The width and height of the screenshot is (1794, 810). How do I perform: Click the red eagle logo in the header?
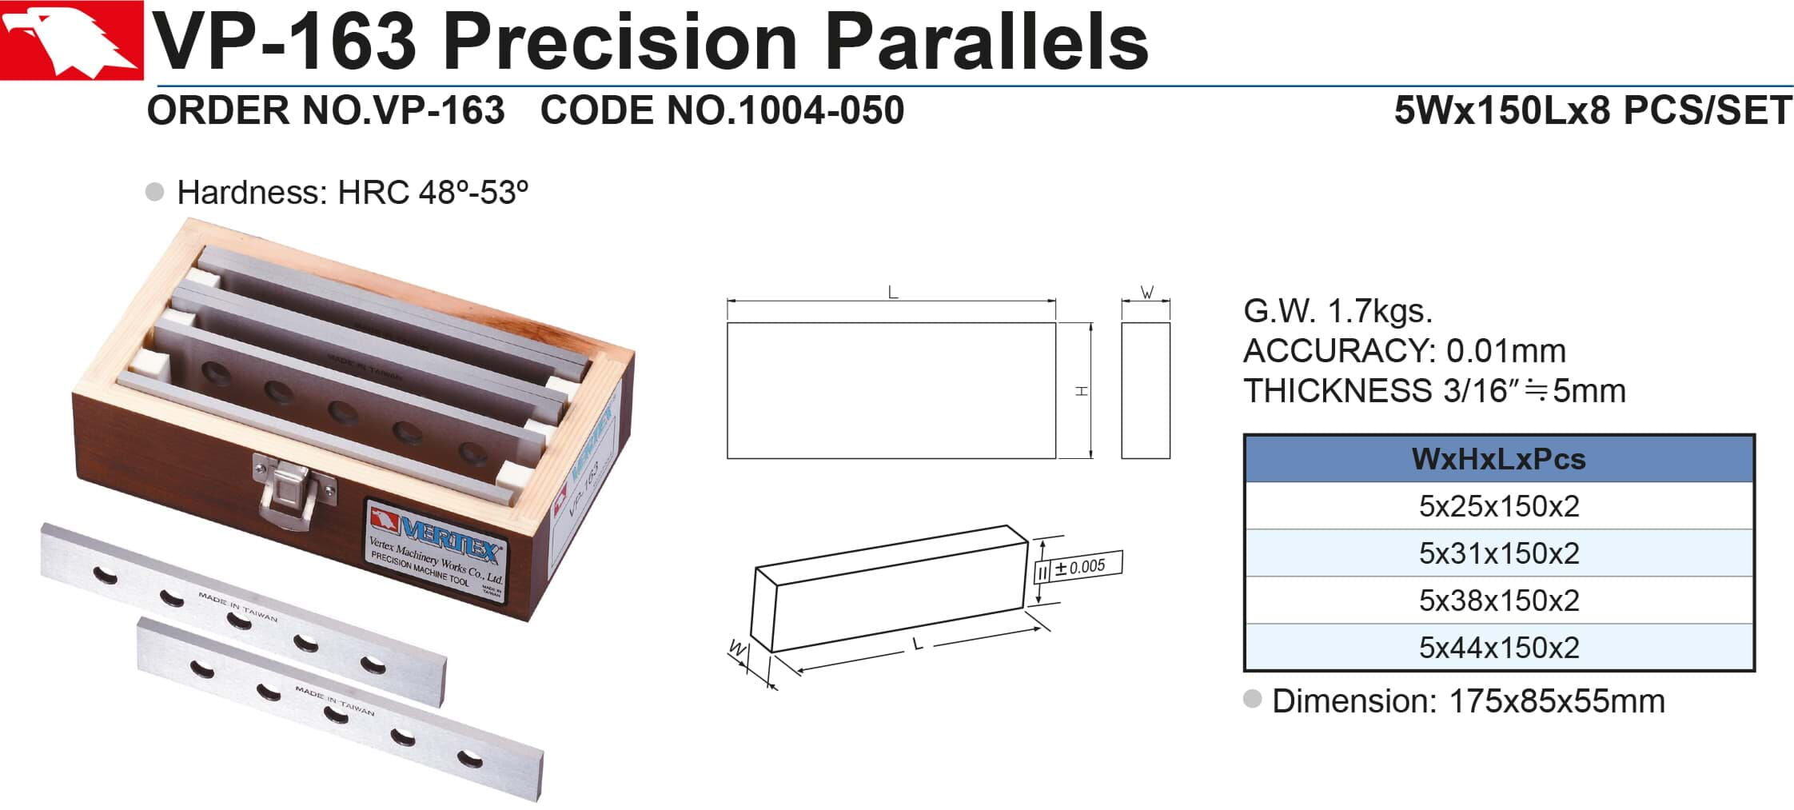pos(71,40)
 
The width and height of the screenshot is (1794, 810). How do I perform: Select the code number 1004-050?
pos(822,110)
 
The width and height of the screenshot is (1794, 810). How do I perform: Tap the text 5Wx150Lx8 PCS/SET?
pos(1593,110)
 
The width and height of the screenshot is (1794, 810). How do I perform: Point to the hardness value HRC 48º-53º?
pos(433,193)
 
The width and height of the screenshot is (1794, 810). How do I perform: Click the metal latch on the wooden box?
pos(293,489)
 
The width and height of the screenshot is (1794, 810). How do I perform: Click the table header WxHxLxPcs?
pos(1498,459)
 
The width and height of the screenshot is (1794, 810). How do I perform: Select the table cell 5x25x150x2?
pos(1499,506)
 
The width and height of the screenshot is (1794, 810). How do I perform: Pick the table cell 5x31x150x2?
pos(1499,553)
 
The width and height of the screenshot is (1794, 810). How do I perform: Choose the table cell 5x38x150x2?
pos(1499,601)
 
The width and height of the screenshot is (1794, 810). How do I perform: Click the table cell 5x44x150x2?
pos(1499,648)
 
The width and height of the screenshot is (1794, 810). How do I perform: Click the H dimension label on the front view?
pos(1081,391)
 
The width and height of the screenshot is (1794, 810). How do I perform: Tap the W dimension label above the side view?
pos(1147,292)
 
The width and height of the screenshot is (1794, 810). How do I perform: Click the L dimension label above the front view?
pos(893,293)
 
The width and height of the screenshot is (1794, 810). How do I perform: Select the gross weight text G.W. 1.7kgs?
pos(1338,311)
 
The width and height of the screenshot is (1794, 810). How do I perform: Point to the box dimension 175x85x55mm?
pos(1557,701)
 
